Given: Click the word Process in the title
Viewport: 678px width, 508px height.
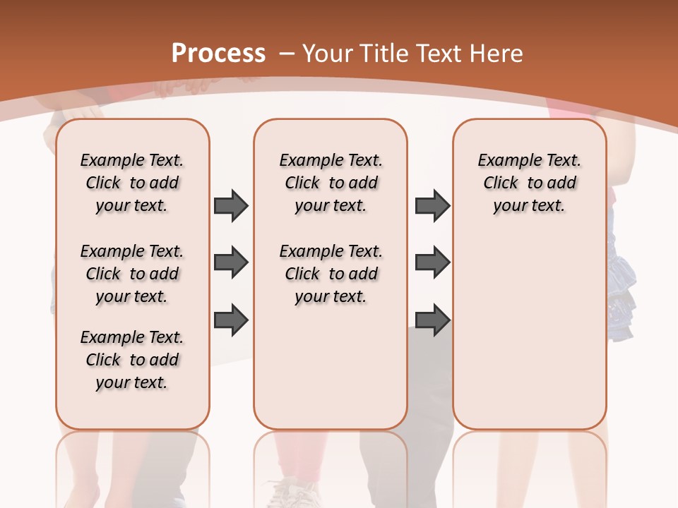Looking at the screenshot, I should [218, 53].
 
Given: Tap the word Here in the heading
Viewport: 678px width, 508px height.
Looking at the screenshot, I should [499, 53].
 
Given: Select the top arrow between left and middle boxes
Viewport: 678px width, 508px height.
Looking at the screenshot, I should [231, 205].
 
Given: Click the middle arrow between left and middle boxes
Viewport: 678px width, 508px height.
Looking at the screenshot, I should [231, 262].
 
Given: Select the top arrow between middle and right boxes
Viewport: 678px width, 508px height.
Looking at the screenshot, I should [432, 205].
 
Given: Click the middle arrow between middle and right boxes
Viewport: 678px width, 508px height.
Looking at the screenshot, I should [432, 262].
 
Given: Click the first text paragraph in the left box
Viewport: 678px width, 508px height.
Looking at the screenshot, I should [132, 183].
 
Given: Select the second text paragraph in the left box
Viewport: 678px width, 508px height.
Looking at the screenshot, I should [132, 274].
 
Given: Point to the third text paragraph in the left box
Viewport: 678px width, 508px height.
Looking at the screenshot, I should [132, 360].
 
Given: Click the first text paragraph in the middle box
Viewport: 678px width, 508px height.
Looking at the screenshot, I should [331, 183].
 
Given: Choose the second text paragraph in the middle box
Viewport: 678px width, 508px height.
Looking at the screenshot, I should [331, 274].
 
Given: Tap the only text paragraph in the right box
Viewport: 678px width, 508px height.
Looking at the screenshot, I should [529, 183].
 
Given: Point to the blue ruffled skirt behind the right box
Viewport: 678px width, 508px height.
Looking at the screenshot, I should [621, 282].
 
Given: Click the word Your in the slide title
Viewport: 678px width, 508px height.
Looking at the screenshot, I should [327, 53].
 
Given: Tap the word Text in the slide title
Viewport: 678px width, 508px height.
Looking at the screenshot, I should [439, 53].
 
